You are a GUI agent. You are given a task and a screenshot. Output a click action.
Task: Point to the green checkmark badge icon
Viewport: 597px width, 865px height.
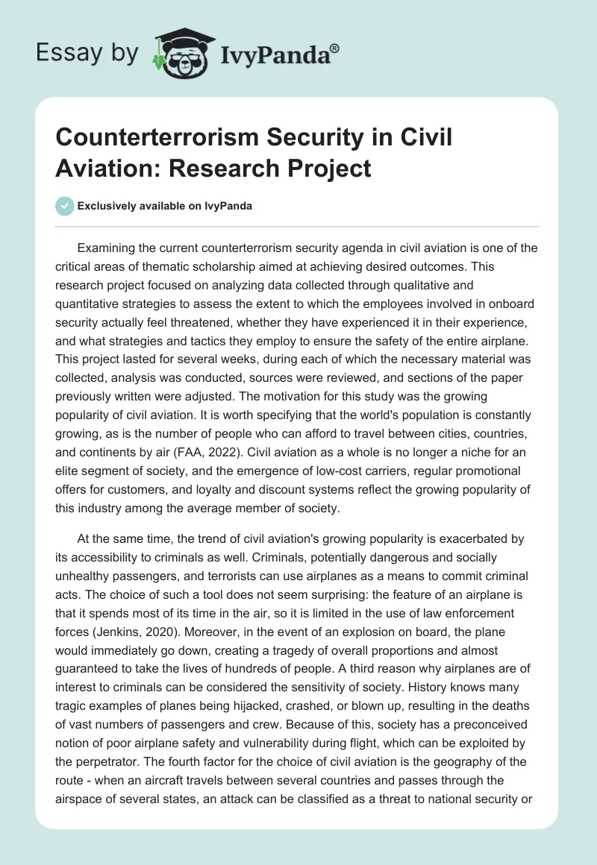click(x=65, y=206)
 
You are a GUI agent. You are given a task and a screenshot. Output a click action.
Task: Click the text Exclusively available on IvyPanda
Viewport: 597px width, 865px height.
click(x=164, y=206)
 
